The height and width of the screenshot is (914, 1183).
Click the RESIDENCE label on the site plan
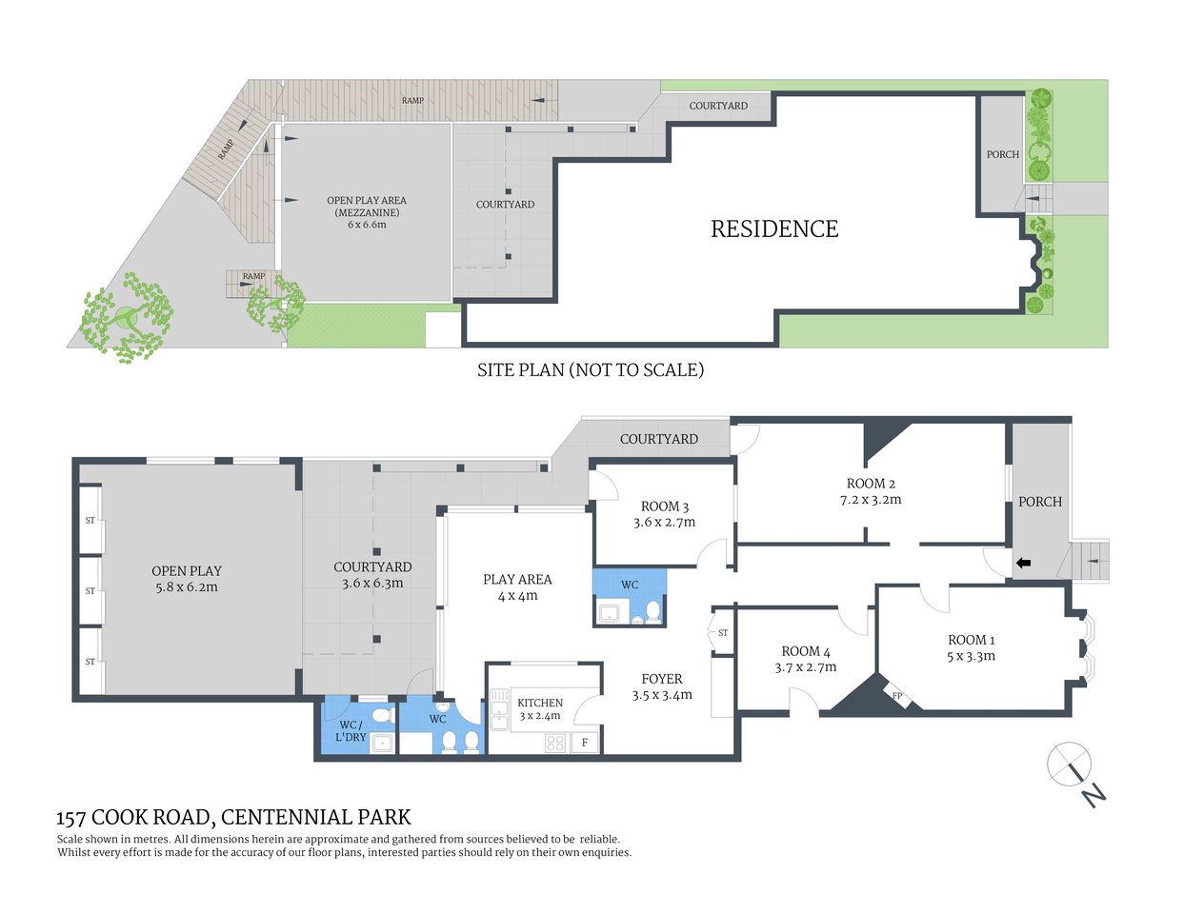click(x=774, y=228)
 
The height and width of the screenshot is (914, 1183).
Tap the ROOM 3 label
click(x=664, y=507)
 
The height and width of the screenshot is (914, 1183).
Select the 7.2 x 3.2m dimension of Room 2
click(x=871, y=499)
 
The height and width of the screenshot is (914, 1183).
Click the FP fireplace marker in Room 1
click(x=896, y=696)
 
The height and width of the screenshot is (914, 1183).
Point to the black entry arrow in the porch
click(x=1023, y=564)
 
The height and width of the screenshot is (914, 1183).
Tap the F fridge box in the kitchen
click(x=585, y=742)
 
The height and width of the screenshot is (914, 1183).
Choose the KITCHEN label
click(x=540, y=703)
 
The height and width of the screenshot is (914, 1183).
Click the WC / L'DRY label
click(x=351, y=731)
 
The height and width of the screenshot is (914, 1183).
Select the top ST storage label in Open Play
click(x=90, y=521)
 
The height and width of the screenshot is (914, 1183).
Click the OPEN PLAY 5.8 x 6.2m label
click(x=187, y=578)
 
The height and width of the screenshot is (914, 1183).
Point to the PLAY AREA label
click(x=517, y=579)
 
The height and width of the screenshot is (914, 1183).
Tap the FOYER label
click(x=661, y=679)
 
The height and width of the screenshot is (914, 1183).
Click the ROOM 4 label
click(x=805, y=651)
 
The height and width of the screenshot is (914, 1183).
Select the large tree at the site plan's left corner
click(x=125, y=318)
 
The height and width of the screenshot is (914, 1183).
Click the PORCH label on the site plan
click(x=1002, y=154)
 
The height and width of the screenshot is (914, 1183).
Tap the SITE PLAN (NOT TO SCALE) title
click(x=590, y=369)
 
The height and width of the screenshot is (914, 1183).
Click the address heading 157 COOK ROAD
click(x=233, y=817)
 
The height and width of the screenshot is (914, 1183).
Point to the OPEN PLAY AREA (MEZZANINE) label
click(x=367, y=207)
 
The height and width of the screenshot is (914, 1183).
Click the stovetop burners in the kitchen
click(x=555, y=743)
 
